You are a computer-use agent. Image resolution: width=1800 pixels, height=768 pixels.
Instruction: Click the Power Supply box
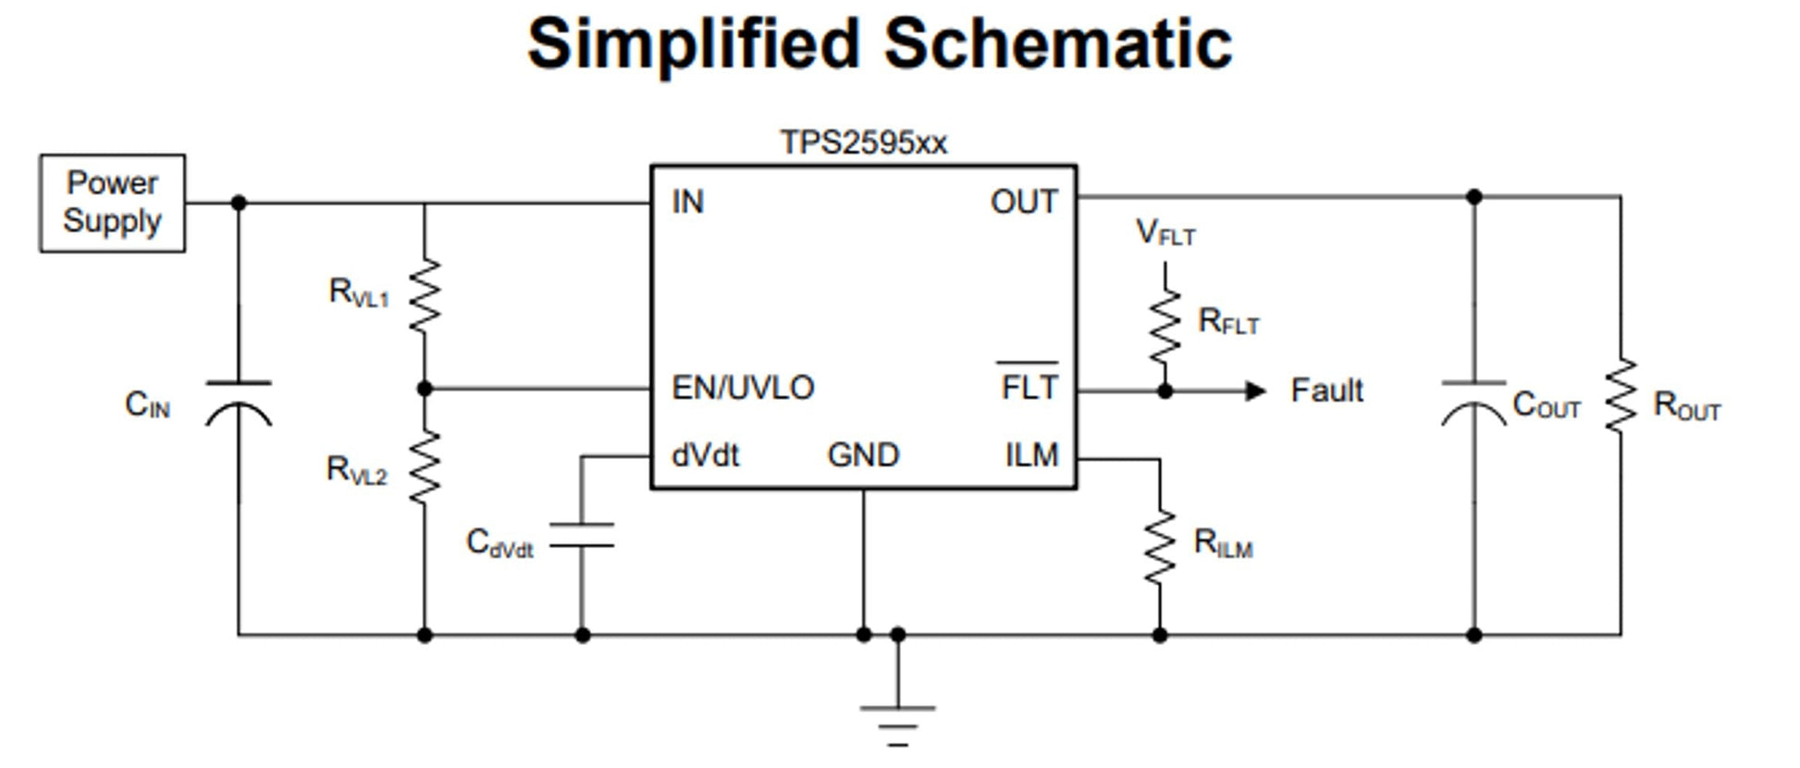(112, 203)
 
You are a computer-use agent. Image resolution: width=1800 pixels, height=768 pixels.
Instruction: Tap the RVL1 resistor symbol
(425, 295)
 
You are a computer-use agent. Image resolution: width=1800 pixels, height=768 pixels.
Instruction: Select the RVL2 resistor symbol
(425, 467)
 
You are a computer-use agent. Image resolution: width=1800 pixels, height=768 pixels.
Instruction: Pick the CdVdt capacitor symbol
(582, 535)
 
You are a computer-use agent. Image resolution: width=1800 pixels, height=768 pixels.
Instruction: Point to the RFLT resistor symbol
(1165, 325)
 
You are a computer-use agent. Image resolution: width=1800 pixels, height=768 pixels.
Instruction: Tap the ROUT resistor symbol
(1621, 396)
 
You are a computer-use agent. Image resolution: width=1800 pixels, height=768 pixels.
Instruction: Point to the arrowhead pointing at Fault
(1254, 391)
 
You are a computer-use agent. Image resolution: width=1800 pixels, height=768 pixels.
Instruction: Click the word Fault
(1326, 390)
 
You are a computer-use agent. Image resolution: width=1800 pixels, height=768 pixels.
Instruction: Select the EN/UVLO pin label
(743, 388)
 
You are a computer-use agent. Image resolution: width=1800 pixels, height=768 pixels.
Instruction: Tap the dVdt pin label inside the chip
(706, 455)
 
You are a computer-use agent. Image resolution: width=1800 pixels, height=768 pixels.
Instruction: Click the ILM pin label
(1031, 455)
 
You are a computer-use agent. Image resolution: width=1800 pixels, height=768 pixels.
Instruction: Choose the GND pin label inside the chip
(863, 455)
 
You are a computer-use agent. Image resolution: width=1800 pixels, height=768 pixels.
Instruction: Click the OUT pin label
(1024, 202)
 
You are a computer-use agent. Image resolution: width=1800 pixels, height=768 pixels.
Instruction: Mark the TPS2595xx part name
(864, 142)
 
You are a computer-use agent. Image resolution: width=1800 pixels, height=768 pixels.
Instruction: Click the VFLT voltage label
(1165, 232)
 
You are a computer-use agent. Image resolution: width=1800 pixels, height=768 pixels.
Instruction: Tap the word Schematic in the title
(1058, 43)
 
